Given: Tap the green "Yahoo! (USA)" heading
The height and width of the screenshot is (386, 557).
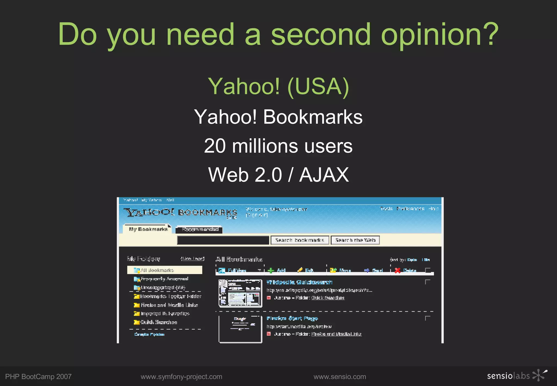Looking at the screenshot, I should point(278,87).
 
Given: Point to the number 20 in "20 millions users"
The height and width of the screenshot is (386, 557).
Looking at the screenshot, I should point(215,146).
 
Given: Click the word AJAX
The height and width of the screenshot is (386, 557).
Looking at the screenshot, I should point(324,175).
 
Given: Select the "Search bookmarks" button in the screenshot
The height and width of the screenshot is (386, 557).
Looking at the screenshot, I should point(300,240).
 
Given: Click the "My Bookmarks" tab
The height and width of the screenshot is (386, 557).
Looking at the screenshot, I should point(148,229).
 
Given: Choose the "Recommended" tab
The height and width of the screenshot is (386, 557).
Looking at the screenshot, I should point(200,229).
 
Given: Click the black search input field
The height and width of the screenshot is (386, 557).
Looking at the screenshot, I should point(223,240).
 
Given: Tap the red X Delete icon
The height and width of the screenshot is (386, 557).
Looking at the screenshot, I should point(398,270).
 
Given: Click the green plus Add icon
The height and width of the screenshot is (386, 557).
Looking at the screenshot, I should point(271,270).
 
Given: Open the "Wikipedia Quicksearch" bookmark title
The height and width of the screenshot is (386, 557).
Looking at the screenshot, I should point(299,282).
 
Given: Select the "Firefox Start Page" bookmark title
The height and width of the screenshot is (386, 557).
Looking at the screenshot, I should point(292,318).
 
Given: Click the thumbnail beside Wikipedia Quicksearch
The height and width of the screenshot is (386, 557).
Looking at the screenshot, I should point(240,293).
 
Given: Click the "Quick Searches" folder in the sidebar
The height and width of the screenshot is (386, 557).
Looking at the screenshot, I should point(159,322).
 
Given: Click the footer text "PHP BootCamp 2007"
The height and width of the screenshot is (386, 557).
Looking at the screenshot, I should point(38,377).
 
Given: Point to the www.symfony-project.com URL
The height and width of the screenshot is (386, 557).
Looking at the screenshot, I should point(181,377).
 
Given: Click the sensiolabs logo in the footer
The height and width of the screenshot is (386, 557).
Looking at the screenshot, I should point(517,376).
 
